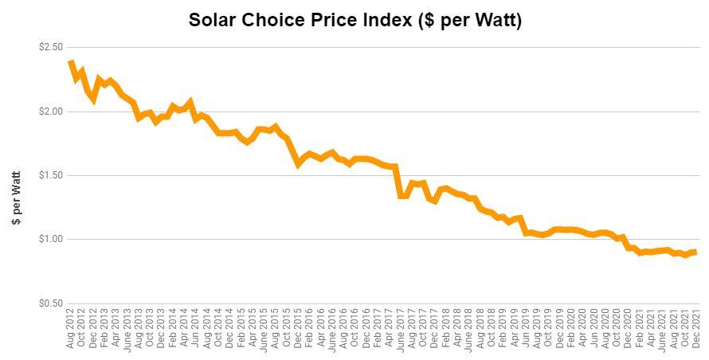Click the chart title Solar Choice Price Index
pos(354,21)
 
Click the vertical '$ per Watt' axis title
pos(17,198)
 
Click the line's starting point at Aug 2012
pos(71,61)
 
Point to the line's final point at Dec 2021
pos(696,252)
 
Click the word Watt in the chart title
pos(495,21)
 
